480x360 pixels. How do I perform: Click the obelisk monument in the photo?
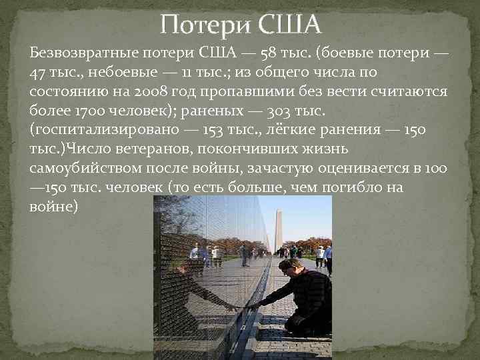[279, 227]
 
